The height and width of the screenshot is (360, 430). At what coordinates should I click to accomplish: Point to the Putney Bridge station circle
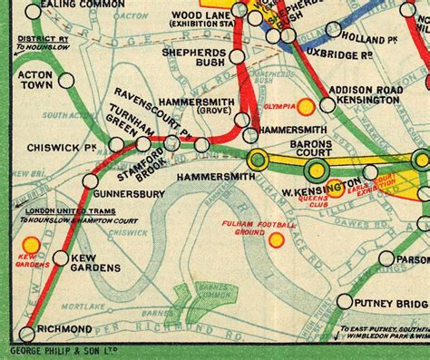pyautogui.click(x=345, y=301)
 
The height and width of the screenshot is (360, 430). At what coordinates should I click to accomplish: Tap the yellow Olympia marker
pyautogui.click(x=307, y=106)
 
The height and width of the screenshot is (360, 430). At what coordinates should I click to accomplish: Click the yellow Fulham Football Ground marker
pyautogui.click(x=277, y=239)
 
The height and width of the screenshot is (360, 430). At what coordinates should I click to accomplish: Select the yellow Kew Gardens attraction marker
pyautogui.click(x=32, y=245)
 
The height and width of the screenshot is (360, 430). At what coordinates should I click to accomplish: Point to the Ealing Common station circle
pyautogui.click(x=34, y=12)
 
